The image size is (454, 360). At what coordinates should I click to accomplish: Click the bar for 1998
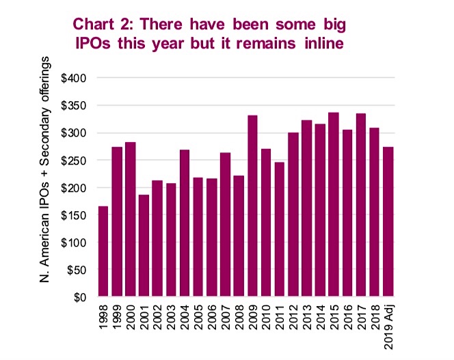click(x=103, y=251)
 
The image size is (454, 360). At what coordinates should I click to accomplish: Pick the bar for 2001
click(x=144, y=246)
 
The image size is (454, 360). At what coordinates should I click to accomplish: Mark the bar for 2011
click(x=280, y=230)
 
